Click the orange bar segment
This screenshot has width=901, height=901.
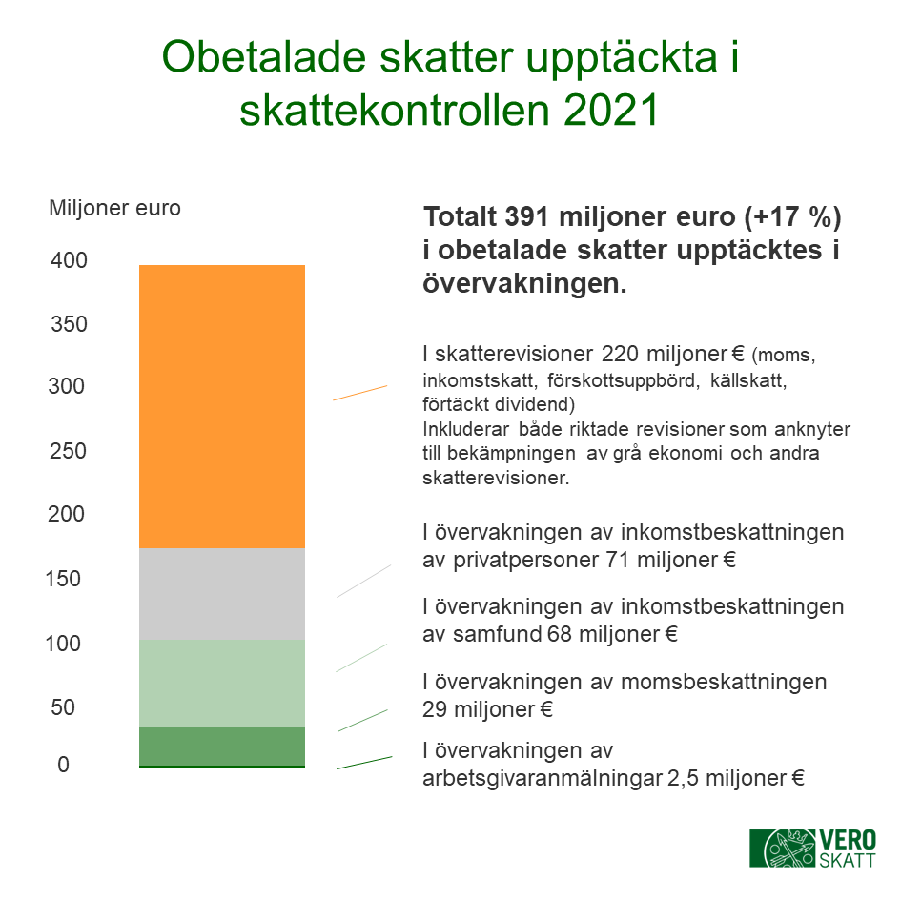[x=222, y=406]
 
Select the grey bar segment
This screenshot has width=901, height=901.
[x=222, y=594]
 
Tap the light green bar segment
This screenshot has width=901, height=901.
[x=222, y=684]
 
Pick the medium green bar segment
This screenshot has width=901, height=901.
[x=222, y=747]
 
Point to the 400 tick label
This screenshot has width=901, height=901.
[x=69, y=260]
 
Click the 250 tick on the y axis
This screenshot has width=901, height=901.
[x=68, y=451]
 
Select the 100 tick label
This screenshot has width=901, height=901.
[x=63, y=644]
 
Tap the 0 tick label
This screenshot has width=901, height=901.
[x=63, y=765]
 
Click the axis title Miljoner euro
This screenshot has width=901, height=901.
[x=115, y=208]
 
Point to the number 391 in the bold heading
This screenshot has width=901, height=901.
[x=528, y=217]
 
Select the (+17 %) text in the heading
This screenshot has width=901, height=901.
[x=793, y=217]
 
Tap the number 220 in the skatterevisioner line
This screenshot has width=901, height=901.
[x=620, y=354]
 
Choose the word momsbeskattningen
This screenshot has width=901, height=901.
[x=724, y=682]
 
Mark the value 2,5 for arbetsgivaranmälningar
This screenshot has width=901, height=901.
[x=683, y=779]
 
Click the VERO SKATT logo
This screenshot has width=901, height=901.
[x=813, y=849]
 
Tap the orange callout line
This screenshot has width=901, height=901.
[x=360, y=393]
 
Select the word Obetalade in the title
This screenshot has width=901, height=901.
[x=264, y=57]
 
